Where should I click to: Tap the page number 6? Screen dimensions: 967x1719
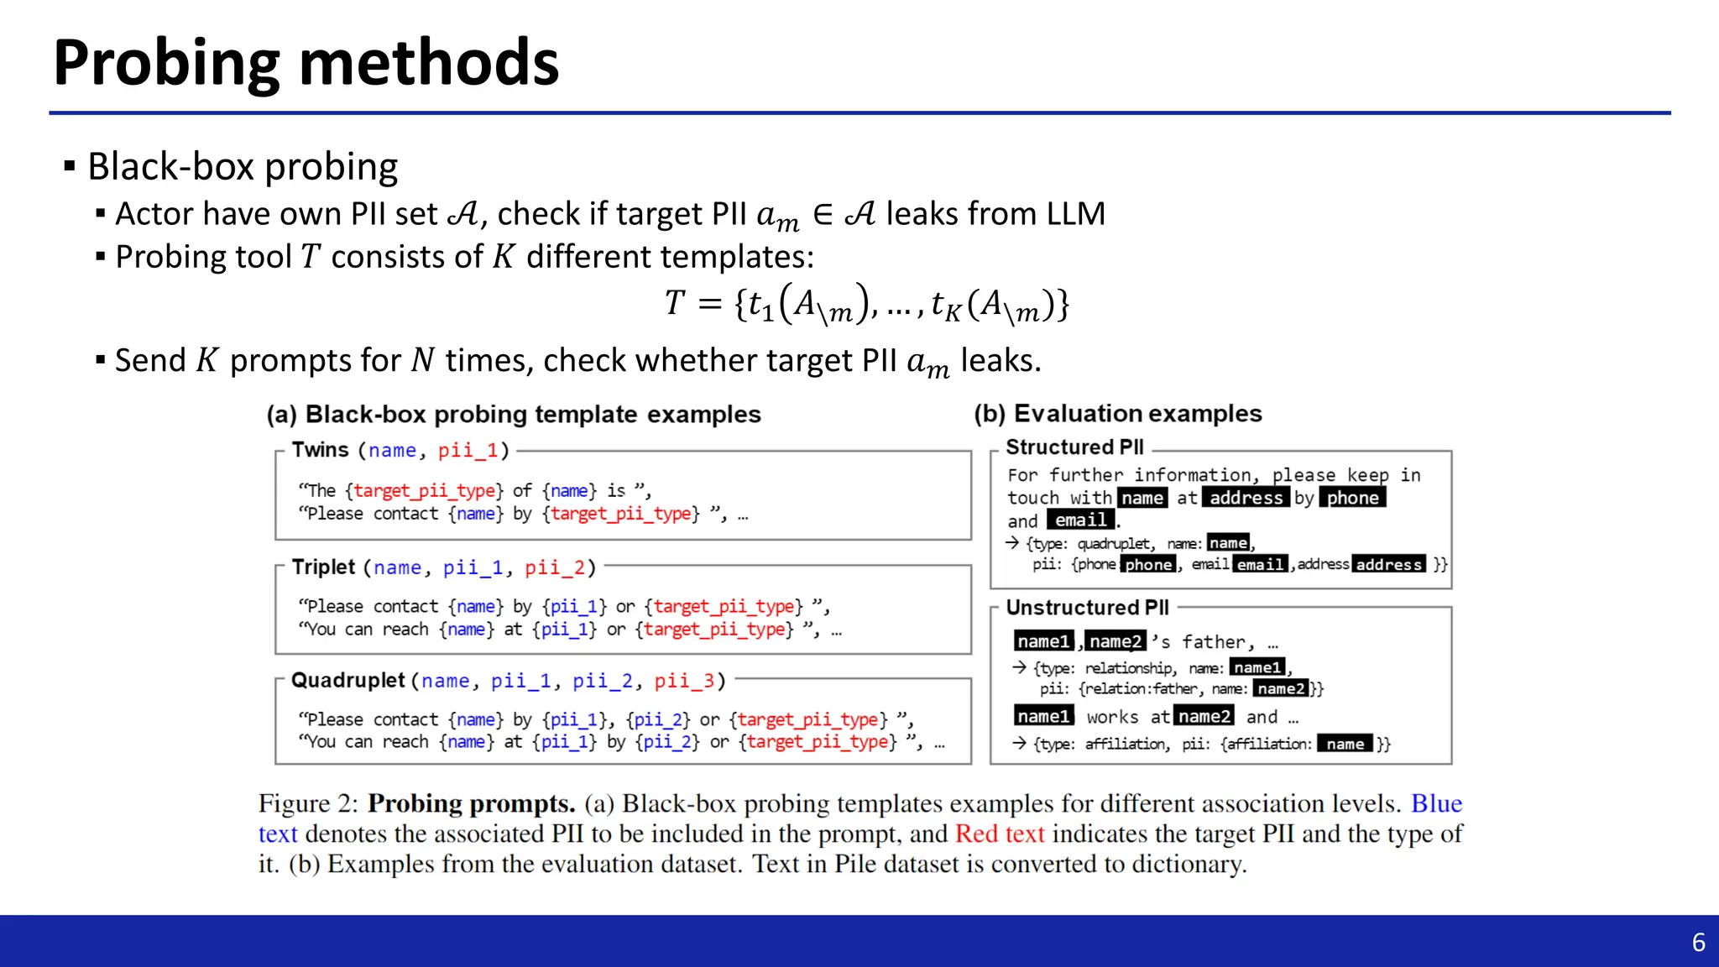coord(1698,943)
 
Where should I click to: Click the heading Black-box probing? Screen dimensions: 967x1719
coord(242,166)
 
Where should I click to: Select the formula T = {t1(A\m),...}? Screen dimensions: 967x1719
coord(866,305)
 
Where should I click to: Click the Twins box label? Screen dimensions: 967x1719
coord(320,450)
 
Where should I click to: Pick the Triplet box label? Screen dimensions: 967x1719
coord(323,567)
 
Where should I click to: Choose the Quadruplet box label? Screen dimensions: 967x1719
coord(347,680)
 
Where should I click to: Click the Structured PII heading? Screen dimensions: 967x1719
coord(1074,447)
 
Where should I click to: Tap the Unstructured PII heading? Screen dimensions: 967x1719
coord(1087,608)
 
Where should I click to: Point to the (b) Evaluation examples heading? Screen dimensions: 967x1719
coord(1117,414)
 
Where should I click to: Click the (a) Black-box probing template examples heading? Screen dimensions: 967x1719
coord(513,415)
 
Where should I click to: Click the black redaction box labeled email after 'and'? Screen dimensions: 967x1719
coord(1080,520)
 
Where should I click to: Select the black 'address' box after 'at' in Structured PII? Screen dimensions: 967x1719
coord(1246,498)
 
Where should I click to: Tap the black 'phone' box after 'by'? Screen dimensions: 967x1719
coord(1352,498)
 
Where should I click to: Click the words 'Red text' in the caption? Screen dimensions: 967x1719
coord(1000,834)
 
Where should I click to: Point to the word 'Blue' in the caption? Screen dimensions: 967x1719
coord(1436,804)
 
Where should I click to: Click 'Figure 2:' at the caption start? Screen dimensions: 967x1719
coord(308,804)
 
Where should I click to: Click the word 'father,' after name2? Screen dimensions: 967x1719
coord(1218,642)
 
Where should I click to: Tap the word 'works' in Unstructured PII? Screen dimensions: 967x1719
coord(1112,717)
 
